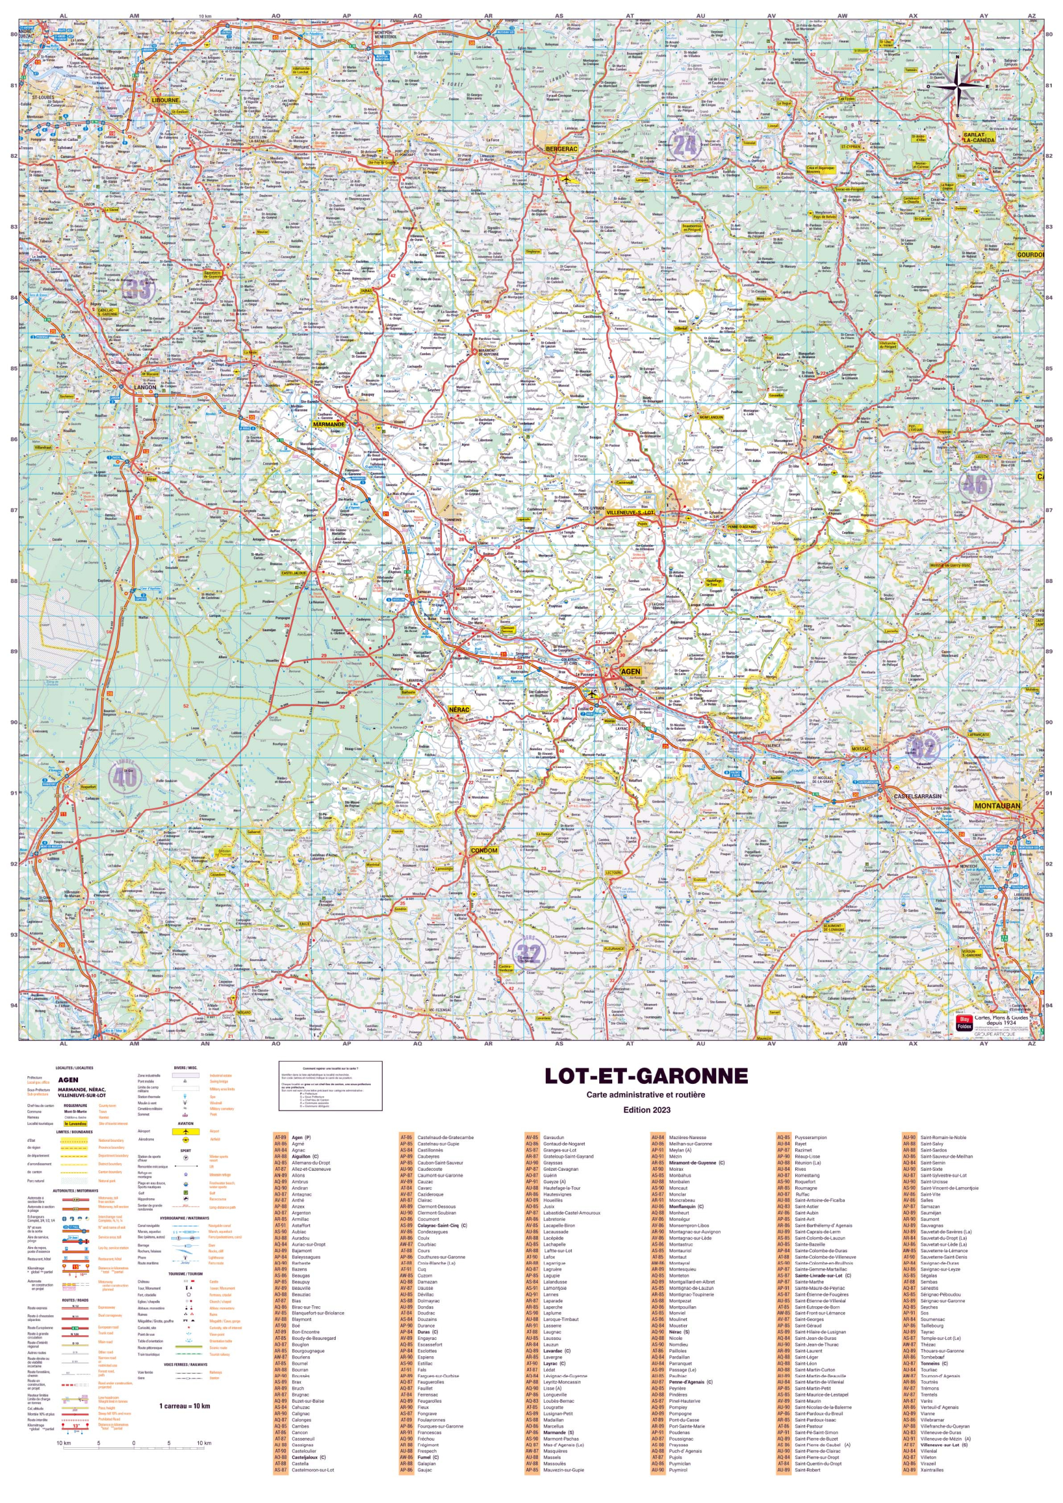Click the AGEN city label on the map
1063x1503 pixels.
(630, 672)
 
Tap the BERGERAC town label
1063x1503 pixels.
(562, 149)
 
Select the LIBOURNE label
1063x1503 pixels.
(165, 100)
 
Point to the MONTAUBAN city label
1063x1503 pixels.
(997, 806)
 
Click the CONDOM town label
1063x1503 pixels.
(484, 850)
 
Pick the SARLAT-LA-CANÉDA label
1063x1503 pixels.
(978, 137)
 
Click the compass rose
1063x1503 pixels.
(957, 85)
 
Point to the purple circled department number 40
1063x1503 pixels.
(124, 776)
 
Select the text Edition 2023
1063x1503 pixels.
(646, 1110)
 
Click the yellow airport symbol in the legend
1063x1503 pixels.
(186, 1131)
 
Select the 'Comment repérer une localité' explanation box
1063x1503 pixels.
(330, 1087)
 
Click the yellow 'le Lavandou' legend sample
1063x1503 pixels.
(75, 1124)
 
